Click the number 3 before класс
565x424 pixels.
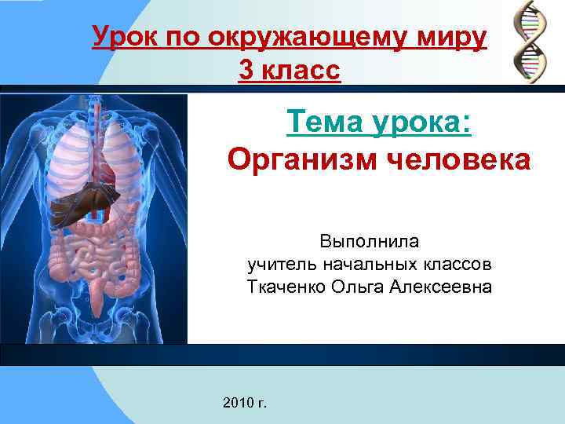(246, 71)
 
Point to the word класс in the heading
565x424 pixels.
(301, 71)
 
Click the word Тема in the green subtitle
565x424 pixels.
(324, 122)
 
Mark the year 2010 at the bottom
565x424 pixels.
(237, 403)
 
